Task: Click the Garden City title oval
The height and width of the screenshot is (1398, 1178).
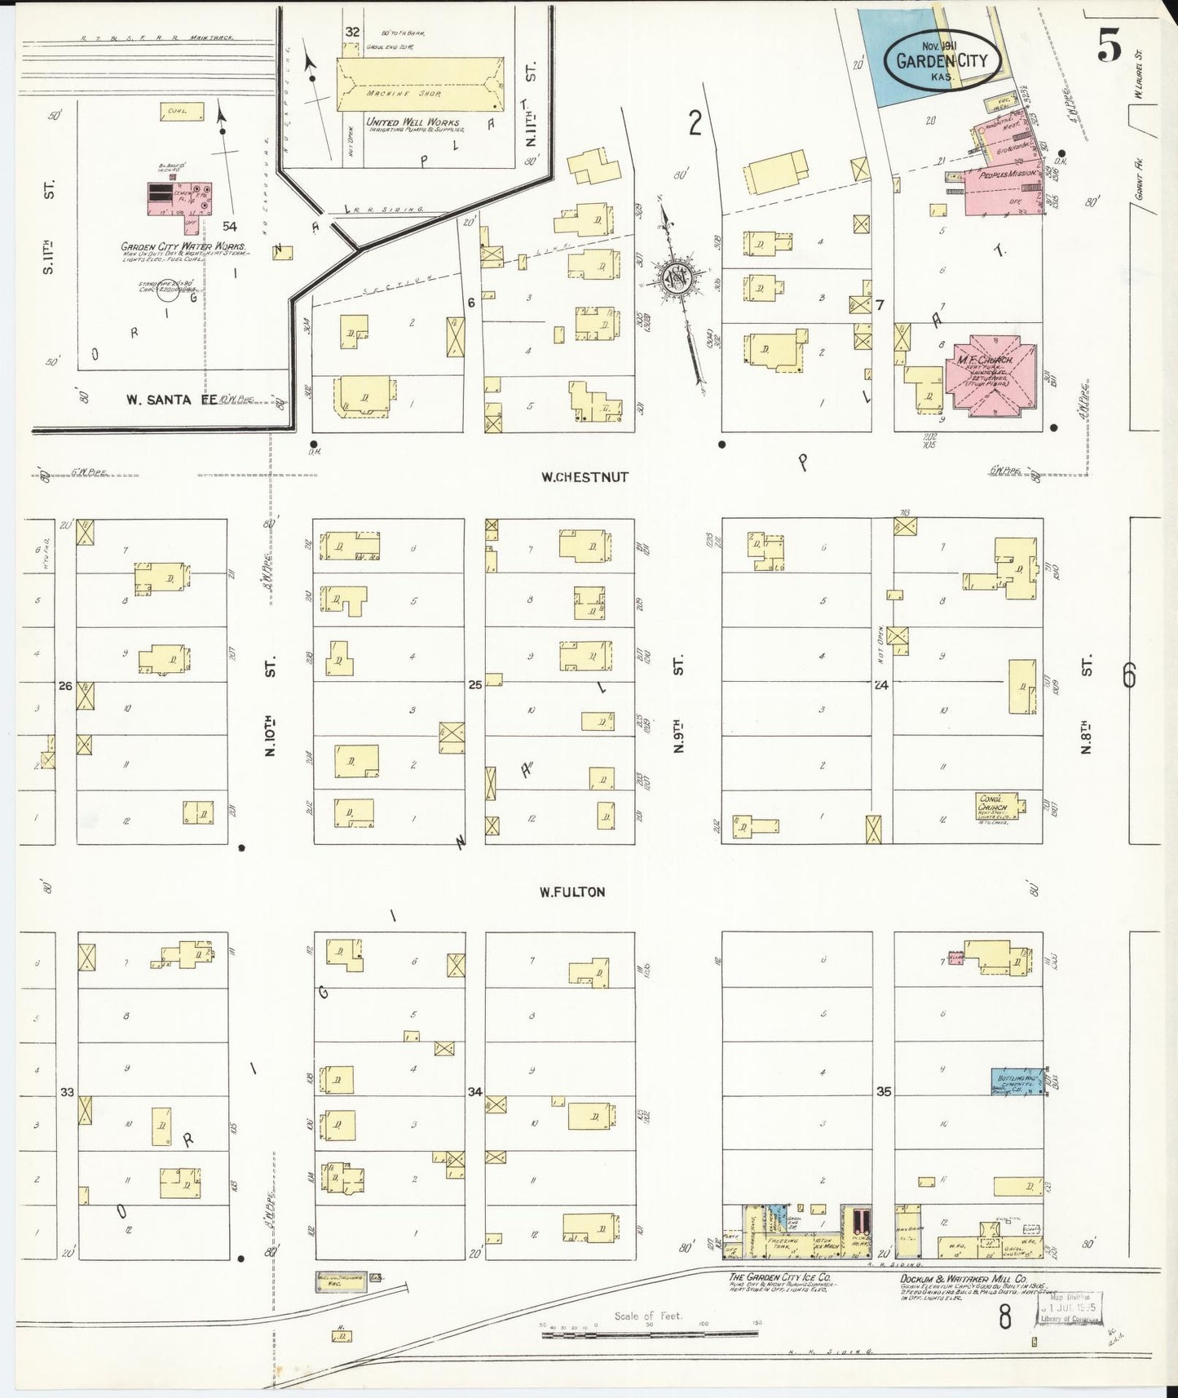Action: click(942, 59)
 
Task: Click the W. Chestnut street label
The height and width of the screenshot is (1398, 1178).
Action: click(585, 477)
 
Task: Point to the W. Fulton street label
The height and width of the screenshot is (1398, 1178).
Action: click(572, 891)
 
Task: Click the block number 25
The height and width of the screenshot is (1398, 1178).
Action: click(475, 685)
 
